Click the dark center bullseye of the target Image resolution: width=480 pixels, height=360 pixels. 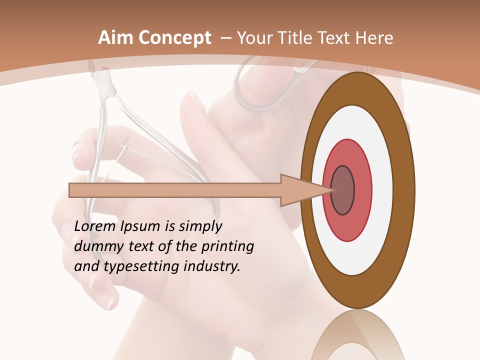pos(342,190)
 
